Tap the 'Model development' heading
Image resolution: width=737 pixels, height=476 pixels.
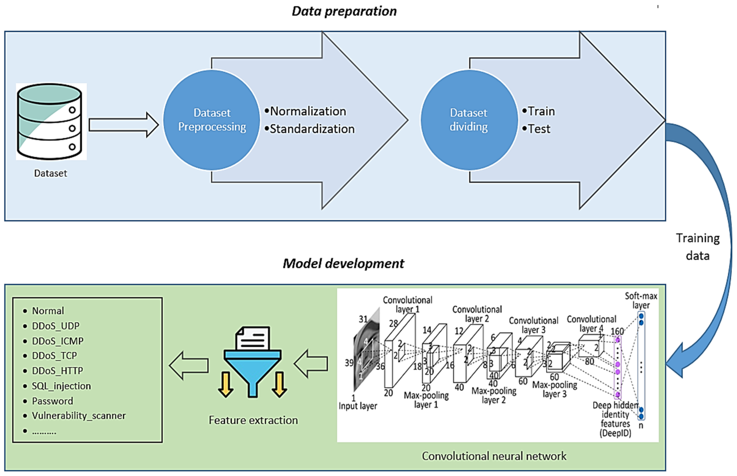coord(343,264)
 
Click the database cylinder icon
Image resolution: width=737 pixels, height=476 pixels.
coord(50,121)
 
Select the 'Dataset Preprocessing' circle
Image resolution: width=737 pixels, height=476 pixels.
coord(212,120)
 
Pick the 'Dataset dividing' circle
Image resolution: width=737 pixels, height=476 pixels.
coord(469,120)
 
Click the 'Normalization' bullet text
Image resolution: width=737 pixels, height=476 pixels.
coord(308,111)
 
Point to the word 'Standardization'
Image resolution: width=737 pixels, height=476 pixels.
coord(312,129)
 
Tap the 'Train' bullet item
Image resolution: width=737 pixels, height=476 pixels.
coord(541,111)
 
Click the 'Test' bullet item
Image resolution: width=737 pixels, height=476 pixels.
coord(539,129)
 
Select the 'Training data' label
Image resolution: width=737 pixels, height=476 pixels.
coord(698,247)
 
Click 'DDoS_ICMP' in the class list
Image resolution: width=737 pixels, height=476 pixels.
coord(58,341)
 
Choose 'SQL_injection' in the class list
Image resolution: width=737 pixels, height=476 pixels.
coord(62,386)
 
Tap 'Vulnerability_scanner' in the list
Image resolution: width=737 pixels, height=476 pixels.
coord(79,416)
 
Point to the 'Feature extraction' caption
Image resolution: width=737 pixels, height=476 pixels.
coord(253,420)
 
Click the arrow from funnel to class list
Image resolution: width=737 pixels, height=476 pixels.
coord(189,366)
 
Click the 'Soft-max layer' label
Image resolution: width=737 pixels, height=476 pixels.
coord(641,300)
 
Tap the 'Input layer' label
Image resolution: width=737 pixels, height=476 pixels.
coord(358,406)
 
